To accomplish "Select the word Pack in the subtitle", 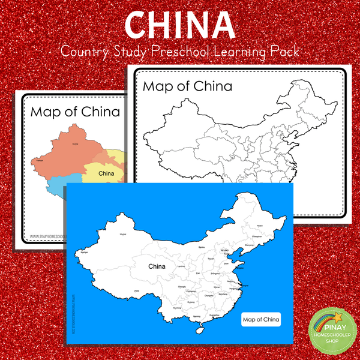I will [284, 52].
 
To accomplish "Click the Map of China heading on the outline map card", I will [187, 86].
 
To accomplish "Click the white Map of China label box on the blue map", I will [260, 320].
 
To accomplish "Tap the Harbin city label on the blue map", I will [260, 225].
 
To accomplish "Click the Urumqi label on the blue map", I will [124, 235].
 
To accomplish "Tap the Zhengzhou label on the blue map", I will [214, 271].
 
